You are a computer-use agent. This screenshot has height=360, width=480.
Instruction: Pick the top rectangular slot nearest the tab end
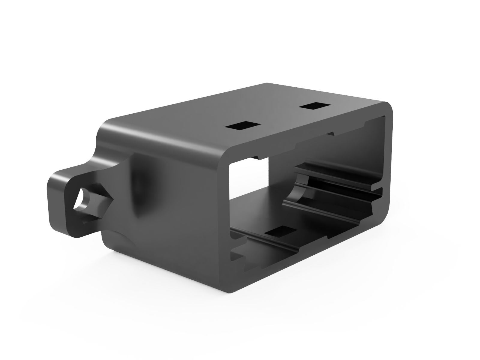[x=243, y=126]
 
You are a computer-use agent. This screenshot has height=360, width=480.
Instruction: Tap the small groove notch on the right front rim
[x=379, y=190]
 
